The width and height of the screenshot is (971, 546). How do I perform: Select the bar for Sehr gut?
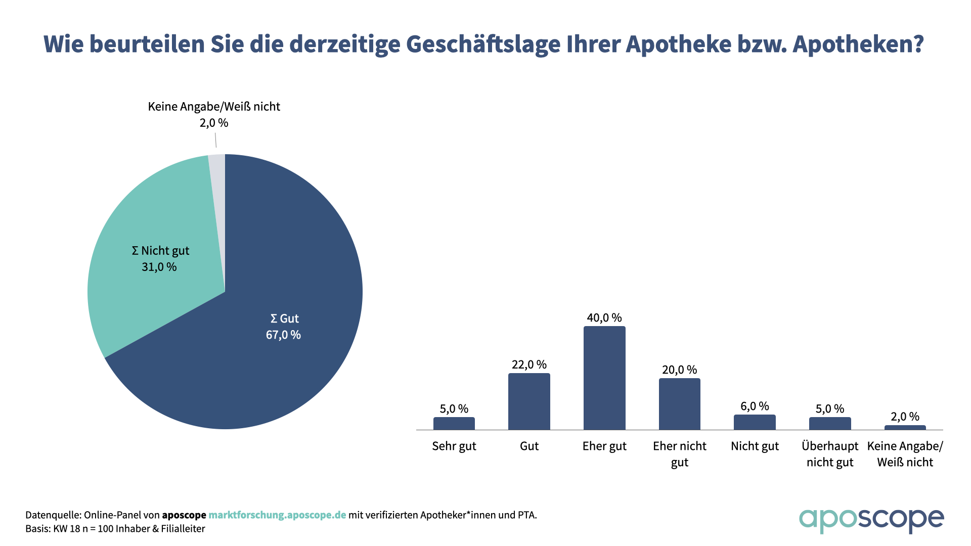point(454,424)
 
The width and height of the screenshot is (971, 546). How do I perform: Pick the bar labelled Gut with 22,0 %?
point(529,402)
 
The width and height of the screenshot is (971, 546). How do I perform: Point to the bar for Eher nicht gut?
point(679,404)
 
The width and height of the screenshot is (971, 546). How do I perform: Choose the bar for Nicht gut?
point(755,423)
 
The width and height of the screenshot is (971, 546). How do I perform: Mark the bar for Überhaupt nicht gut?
point(830,424)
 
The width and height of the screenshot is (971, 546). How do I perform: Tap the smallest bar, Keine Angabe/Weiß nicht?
point(905,428)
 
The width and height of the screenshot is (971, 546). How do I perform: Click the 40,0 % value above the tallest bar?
point(604,318)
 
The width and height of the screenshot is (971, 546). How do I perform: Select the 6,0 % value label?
point(755,406)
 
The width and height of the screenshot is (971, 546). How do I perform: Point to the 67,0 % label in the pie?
point(283,335)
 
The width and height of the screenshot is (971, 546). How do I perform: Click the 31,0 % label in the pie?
point(159,267)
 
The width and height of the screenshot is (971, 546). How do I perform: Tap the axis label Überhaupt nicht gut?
point(830,454)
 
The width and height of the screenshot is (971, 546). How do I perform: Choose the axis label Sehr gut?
point(454,446)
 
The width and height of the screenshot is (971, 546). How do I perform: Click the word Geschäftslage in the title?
point(483,44)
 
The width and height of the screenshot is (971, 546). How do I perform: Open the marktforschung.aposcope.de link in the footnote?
point(277,515)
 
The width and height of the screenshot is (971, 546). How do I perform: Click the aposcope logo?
point(871,520)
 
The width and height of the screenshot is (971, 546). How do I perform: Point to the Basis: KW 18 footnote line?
point(115,529)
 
